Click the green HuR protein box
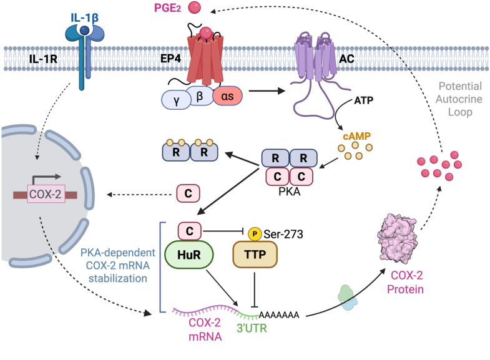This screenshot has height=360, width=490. [x=189, y=255]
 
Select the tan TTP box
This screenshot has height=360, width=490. [x=255, y=255]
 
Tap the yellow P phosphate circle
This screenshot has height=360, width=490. [x=255, y=234]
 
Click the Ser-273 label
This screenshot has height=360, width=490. [x=283, y=234]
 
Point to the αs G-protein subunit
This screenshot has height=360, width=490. [x=227, y=96]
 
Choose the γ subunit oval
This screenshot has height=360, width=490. [x=176, y=100]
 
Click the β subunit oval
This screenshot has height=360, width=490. [x=200, y=96]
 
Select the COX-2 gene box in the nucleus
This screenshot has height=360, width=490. [x=46, y=194]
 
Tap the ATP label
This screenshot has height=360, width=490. [x=364, y=100]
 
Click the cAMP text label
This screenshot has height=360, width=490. [x=356, y=136]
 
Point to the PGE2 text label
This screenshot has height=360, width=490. [x=167, y=8]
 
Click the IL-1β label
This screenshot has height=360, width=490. [x=85, y=17]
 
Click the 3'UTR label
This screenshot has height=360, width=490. [x=252, y=328]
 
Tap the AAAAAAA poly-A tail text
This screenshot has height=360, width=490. [x=279, y=314]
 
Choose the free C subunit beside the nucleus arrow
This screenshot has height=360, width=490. [x=188, y=193]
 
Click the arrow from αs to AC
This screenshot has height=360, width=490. [x=267, y=91]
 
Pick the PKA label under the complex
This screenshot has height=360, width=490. [x=290, y=192]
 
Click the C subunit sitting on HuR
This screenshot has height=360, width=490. [x=190, y=231]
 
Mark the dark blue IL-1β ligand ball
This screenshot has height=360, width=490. [x=84, y=31]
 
